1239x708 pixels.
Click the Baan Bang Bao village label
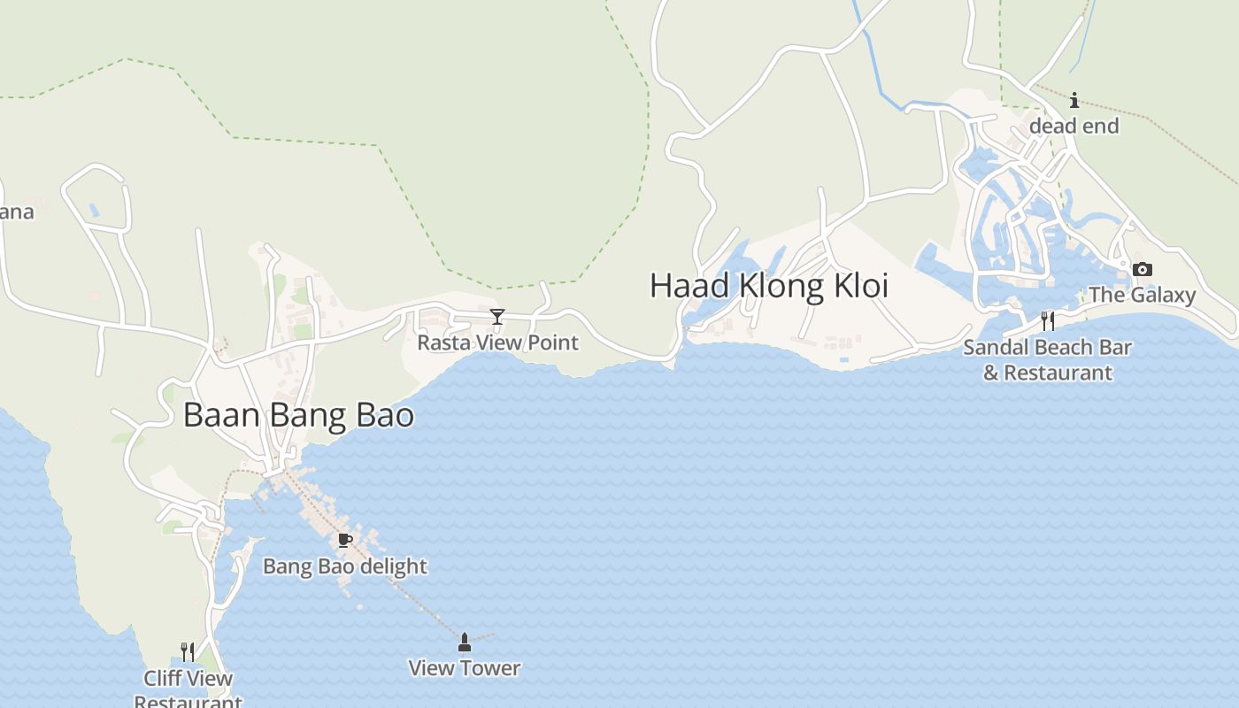[x=298, y=415]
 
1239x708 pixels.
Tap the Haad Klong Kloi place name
[x=768, y=286]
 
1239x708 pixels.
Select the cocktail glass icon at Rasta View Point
[x=497, y=317]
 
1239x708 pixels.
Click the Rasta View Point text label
[x=497, y=342]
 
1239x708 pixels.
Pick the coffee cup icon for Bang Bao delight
[x=345, y=540]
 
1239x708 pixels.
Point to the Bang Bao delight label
[x=345, y=566]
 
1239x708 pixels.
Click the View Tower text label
[x=464, y=668]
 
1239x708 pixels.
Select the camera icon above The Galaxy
[x=1143, y=269]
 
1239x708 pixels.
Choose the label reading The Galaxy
[x=1142, y=295]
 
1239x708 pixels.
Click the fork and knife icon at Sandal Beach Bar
[x=1048, y=320]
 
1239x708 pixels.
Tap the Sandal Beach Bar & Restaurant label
[x=1047, y=360]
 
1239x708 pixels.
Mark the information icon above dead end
[x=1074, y=100]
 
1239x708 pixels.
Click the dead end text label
[x=1074, y=126]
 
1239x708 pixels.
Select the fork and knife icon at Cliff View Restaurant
[x=188, y=652]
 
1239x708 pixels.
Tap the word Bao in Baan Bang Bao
[x=387, y=415]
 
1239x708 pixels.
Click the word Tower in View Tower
[x=490, y=668]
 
